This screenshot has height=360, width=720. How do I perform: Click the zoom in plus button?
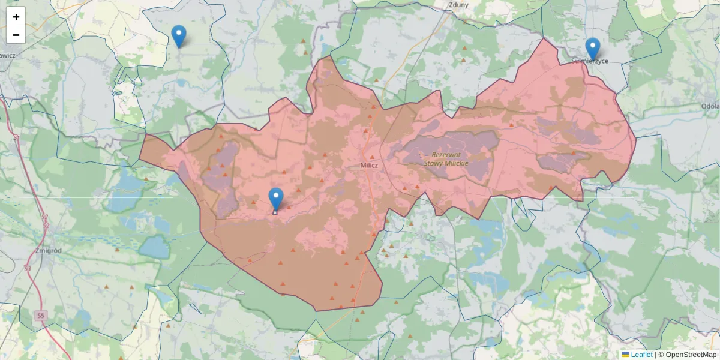tap(16, 17)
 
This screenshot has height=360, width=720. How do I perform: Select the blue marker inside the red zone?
tap(276, 199)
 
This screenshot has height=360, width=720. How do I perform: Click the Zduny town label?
tap(459, 4)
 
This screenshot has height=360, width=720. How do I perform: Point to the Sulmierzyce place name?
tap(590, 61)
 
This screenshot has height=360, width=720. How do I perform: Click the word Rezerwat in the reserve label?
tap(446, 154)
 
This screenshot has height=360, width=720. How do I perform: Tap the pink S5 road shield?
tap(41, 316)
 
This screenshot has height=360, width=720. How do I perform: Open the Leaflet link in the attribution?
tap(641, 355)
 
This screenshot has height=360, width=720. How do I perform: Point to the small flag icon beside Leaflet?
tap(625, 355)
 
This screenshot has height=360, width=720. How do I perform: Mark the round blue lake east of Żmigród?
tap(154, 246)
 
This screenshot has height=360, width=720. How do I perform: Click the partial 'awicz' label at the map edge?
tap(8, 55)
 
